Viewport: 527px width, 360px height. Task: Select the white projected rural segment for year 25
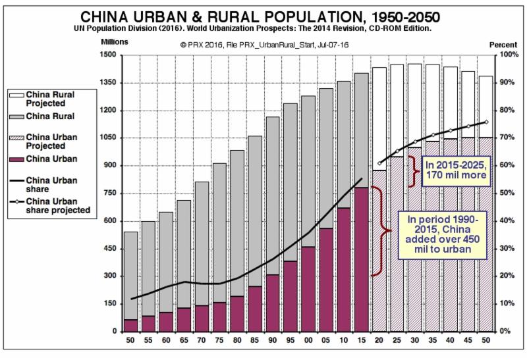point(397,111)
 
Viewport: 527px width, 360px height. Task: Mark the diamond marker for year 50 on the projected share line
point(485,122)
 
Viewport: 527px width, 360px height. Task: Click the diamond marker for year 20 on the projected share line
point(379,163)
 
